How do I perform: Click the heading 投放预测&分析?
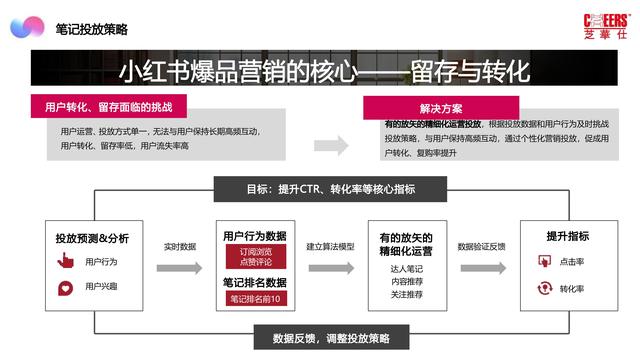click(x=92, y=238)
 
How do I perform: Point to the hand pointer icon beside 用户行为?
click(x=66, y=262)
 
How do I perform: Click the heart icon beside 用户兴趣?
click(x=66, y=288)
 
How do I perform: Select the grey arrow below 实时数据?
click(x=180, y=268)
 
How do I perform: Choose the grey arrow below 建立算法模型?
click(x=330, y=268)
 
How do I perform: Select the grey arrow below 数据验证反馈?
click(x=480, y=268)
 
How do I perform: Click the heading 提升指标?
click(x=567, y=236)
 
